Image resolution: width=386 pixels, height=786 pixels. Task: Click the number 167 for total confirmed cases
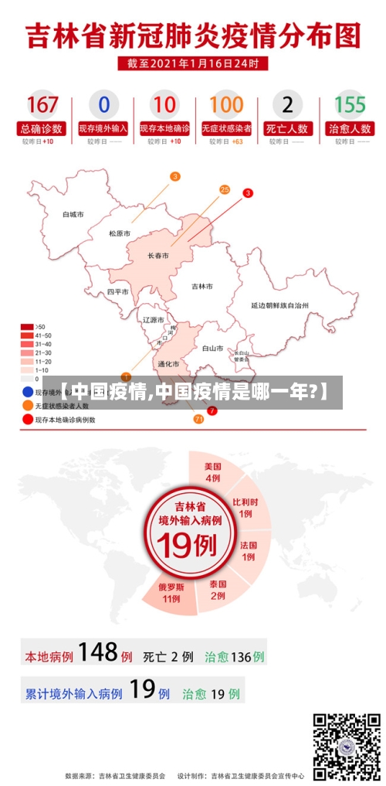pos(42,104)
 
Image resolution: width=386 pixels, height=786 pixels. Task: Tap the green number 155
pos(350,104)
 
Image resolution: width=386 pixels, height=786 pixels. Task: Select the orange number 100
pos(226,104)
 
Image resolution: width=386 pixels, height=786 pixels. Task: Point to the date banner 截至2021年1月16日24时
pos(193,63)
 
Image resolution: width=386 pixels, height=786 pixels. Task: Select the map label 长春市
pos(158,256)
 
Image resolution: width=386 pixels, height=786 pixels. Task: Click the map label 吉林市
pos(201,286)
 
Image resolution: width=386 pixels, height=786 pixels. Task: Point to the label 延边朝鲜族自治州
pos(279,306)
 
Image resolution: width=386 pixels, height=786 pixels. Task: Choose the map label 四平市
pos(118,292)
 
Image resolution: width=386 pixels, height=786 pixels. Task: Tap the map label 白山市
pos(212,349)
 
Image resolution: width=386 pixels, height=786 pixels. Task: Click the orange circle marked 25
pos(225,189)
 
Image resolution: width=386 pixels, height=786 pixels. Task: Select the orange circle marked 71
pos(198,418)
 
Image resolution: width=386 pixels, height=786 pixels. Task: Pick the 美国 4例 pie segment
pos(212,472)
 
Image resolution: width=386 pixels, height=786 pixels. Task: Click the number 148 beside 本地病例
pos(97,653)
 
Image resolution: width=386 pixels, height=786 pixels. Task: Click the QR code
pos(346,745)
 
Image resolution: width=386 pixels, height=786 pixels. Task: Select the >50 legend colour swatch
pos(27,327)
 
